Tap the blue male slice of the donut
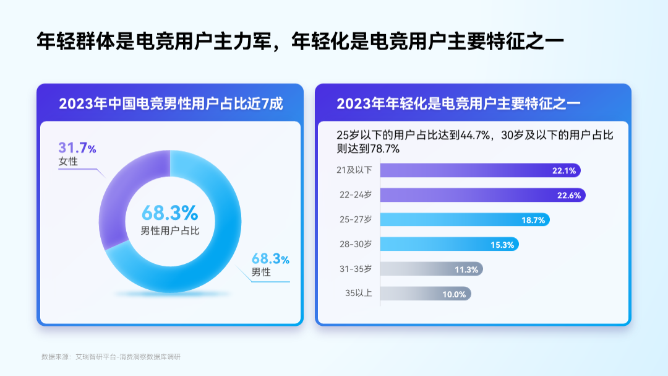pos(221,239)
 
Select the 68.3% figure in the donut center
pos(170,212)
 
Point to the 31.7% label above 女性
pos(77,148)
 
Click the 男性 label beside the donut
pos(261,273)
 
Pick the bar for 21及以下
pos(480,170)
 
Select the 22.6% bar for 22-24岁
pos(482,195)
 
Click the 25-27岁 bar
pos(465,220)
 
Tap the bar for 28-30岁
pos(450,245)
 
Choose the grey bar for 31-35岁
pos(432,269)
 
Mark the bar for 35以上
pos(426,294)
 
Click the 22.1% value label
pos(564,171)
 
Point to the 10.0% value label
pos(454,294)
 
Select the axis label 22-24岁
pos(356,195)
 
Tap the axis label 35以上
pos(359,293)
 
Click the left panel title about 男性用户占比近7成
pos(171,103)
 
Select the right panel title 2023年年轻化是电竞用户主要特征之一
pos(458,103)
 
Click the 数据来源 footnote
pos(111,357)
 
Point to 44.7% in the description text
pos(476,135)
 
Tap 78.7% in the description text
pos(385,149)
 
